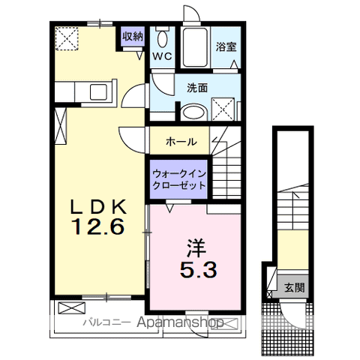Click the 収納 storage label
pos(133,37)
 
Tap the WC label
pos(162,56)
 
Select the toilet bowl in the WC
pos(163,39)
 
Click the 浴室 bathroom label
pos(226,46)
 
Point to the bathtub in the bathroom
pos(195,47)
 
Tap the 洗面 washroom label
pos(197,88)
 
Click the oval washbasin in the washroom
pos(193,112)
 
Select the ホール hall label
pos(181,142)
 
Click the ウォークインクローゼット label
pos(179,179)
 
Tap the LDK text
pos(98,207)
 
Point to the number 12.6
pos(98,226)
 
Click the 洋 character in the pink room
pos(196,248)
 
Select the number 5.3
pos(198,269)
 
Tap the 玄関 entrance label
pos(295,288)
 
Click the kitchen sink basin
pos(98,92)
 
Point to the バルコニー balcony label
pos(106,322)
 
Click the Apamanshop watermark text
pos(180,322)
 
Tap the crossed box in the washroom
pos(223,109)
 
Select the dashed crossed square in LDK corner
pos(67,39)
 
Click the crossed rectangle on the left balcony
pos(72,307)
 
